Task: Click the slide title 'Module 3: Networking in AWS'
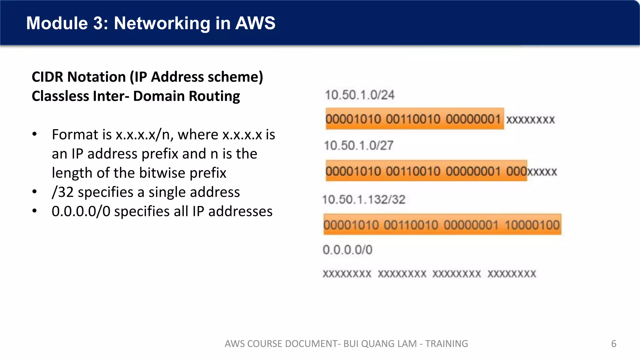(151, 23)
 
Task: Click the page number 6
(614, 344)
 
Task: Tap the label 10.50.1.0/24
(360, 95)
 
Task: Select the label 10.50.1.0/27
(359, 146)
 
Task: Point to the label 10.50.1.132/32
(364, 200)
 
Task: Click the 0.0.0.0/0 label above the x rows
(347, 250)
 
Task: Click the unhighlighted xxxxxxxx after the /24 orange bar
(530, 120)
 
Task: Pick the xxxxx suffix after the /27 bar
(542, 172)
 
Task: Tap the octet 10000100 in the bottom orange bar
(532, 225)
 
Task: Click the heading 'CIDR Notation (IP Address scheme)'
(147, 77)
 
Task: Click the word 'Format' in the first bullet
(71, 135)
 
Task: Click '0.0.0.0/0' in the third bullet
(81, 212)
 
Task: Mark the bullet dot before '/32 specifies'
(35, 192)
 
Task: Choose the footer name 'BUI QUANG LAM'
(380, 344)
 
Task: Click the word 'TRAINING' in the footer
(447, 344)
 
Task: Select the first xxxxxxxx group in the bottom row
(347, 274)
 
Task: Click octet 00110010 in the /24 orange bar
(413, 119)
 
